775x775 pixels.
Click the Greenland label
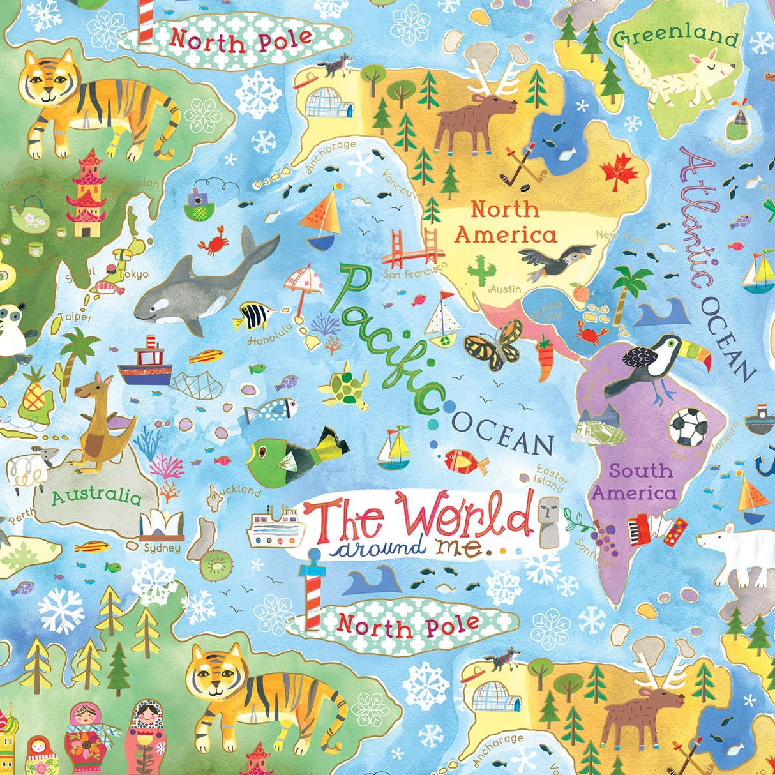pyautogui.click(x=675, y=36)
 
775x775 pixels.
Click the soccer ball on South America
pyautogui.click(x=688, y=426)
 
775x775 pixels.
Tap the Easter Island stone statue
pyautogui.click(x=548, y=520)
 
